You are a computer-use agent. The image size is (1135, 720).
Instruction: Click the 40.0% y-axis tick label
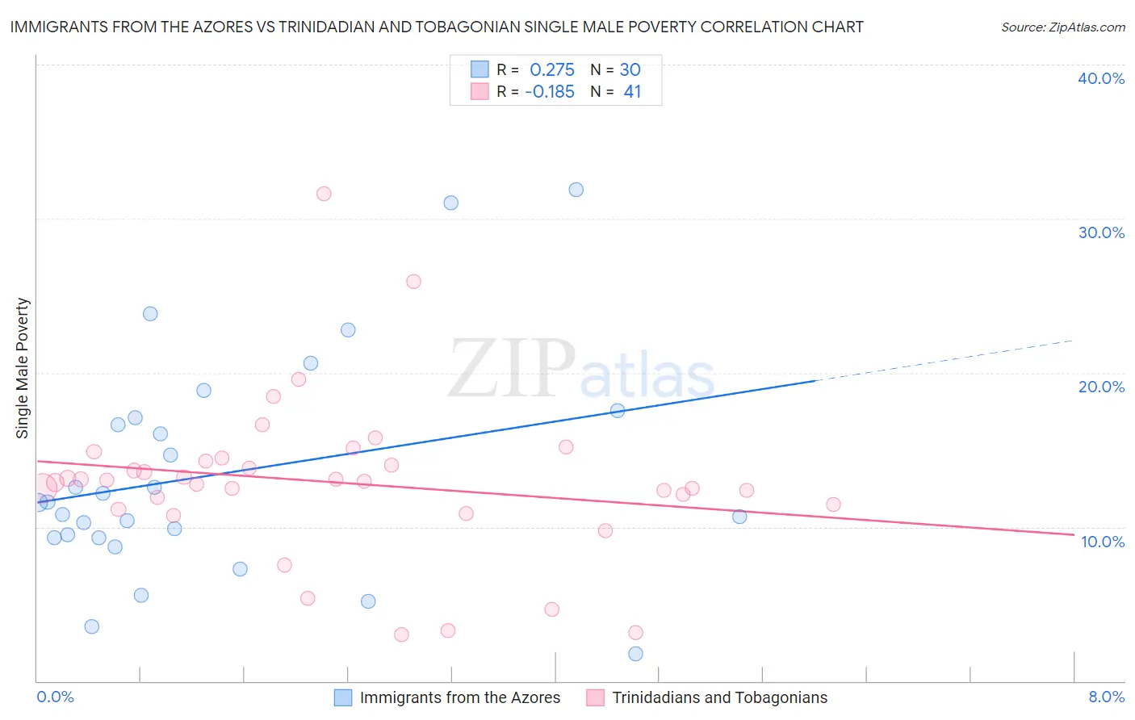click(1101, 78)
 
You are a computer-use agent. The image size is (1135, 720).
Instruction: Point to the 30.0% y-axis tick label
click(1101, 232)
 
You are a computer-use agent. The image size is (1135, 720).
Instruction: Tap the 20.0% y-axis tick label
click(1101, 387)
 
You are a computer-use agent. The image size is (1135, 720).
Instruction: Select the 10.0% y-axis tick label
click(1102, 542)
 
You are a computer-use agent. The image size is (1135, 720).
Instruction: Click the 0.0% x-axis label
click(56, 697)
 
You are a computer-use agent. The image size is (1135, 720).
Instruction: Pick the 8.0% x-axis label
click(1106, 697)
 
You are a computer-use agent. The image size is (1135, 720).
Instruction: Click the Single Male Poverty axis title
click(23, 368)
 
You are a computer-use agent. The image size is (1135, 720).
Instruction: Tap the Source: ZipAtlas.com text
click(1062, 27)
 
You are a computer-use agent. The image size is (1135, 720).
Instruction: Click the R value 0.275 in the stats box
click(552, 70)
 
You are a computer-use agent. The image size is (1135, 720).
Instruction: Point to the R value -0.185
click(550, 92)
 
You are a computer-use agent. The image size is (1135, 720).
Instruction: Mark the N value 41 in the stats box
click(632, 92)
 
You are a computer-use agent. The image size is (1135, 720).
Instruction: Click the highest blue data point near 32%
click(576, 190)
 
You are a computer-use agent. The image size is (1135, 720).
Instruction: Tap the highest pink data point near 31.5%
click(324, 194)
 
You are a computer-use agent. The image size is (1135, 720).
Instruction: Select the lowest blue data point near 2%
click(635, 654)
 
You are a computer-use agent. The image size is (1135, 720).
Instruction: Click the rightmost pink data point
click(833, 504)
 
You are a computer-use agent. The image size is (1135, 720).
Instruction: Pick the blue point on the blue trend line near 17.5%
click(618, 410)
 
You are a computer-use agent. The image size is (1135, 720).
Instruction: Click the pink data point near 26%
click(413, 282)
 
